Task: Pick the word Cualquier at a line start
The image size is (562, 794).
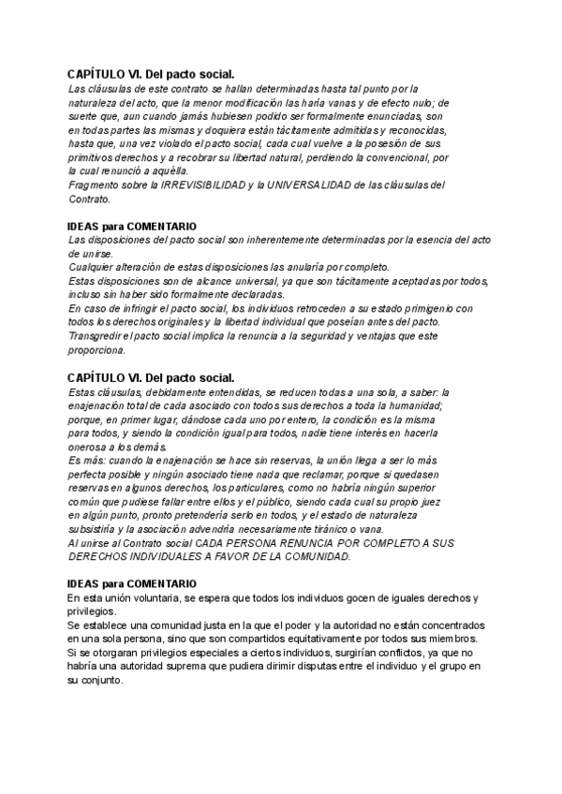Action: click(x=94, y=268)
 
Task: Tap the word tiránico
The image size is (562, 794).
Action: click(x=310, y=529)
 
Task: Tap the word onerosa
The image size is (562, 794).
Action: click(x=90, y=448)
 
